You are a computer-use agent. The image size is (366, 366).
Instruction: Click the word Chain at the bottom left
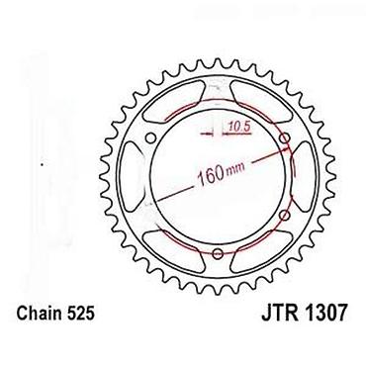39,314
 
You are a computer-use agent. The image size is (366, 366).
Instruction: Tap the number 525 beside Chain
80,314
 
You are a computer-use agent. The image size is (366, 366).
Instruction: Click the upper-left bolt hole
150,137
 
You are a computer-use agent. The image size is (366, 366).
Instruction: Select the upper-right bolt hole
286,137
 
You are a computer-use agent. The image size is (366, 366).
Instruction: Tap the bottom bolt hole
218,253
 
